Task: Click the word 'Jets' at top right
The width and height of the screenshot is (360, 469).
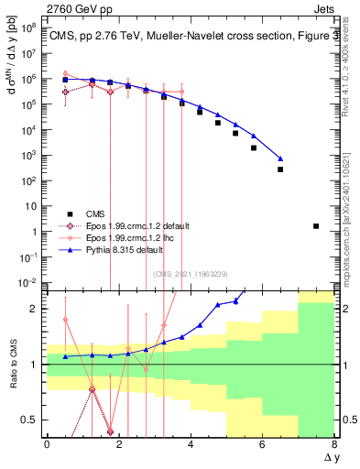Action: click(323, 8)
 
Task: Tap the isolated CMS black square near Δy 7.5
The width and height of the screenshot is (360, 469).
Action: click(316, 225)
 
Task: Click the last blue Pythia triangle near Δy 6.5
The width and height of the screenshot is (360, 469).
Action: click(280, 158)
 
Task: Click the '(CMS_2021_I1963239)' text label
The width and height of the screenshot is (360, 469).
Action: click(190, 273)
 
